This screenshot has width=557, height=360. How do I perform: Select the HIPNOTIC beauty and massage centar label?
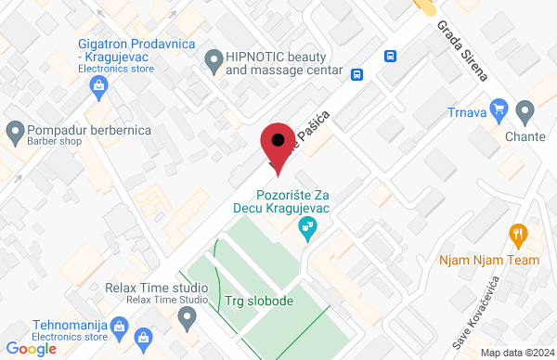tap(278, 62)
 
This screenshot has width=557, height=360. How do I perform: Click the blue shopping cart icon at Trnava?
tap(499, 109)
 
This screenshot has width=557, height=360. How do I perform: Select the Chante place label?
tap(525, 138)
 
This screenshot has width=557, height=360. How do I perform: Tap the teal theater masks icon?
tap(304, 226)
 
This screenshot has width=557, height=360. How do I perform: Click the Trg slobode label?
tap(259, 302)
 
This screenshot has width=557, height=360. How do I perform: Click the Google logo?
tap(32, 349)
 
